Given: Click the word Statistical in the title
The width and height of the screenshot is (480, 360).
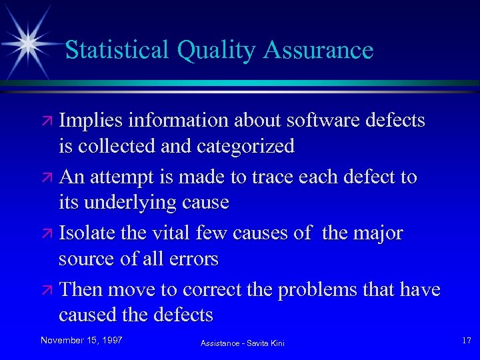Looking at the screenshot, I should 117,50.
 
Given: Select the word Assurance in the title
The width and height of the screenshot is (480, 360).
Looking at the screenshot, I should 319,50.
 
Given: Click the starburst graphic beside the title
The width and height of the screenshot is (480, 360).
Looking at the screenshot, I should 29,42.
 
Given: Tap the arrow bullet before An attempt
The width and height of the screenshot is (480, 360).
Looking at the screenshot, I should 48,178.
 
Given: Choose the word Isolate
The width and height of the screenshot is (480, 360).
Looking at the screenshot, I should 87,233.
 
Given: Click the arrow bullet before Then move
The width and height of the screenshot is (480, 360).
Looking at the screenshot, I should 48,291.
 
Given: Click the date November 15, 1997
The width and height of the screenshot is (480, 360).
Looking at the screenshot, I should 81,340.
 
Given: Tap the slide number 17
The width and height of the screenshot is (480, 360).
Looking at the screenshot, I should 466,341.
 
